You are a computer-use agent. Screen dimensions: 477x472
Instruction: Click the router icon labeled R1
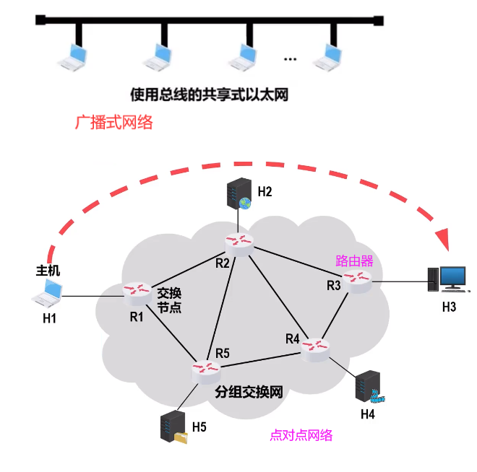click(x=137, y=294)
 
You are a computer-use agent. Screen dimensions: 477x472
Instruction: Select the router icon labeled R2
click(x=239, y=245)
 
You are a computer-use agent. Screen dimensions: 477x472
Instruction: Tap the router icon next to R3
click(x=357, y=281)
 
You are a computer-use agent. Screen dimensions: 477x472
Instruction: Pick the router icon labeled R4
click(x=315, y=349)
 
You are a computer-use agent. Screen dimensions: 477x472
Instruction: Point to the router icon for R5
click(x=206, y=372)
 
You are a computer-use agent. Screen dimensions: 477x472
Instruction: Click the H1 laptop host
click(x=47, y=294)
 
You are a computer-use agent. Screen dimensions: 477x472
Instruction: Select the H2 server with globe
click(x=239, y=194)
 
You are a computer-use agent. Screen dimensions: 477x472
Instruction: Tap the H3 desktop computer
click(x=447, y=279)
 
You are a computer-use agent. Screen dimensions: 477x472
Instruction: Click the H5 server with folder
click(x=173, y=427)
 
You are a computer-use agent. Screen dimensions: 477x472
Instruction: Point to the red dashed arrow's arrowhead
click(x=443, y=240)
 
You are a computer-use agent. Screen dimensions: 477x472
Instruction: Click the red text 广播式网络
click(x=113, y=122)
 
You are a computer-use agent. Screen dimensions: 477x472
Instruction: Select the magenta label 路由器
click(x=354, y=261)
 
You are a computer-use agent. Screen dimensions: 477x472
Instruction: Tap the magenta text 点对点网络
click(x=301, y=435)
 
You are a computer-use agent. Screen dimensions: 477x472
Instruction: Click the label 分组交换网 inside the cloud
click(x=249, y=392)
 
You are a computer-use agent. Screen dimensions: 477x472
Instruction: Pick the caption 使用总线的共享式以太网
click(x=210, y=95)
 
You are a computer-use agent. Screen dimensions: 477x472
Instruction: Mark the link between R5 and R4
click(x=261, y=360)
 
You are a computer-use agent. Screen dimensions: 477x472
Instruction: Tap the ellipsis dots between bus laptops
click(x=290, y=59)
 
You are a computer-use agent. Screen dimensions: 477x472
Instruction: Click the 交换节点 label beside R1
click(x=169, y=300)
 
